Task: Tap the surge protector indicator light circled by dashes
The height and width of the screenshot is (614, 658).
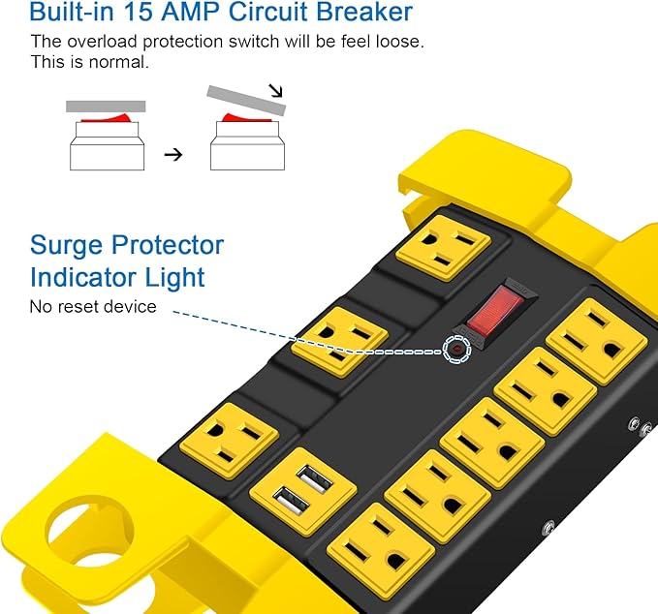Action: coord(454,348)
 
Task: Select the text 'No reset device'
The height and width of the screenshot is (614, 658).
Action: coord(93,307)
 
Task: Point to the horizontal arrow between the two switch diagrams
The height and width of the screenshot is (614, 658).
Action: coord(172,154)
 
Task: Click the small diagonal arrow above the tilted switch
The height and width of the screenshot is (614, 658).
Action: coord(276,93)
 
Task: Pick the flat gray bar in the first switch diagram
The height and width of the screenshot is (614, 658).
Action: coord(105,106)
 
